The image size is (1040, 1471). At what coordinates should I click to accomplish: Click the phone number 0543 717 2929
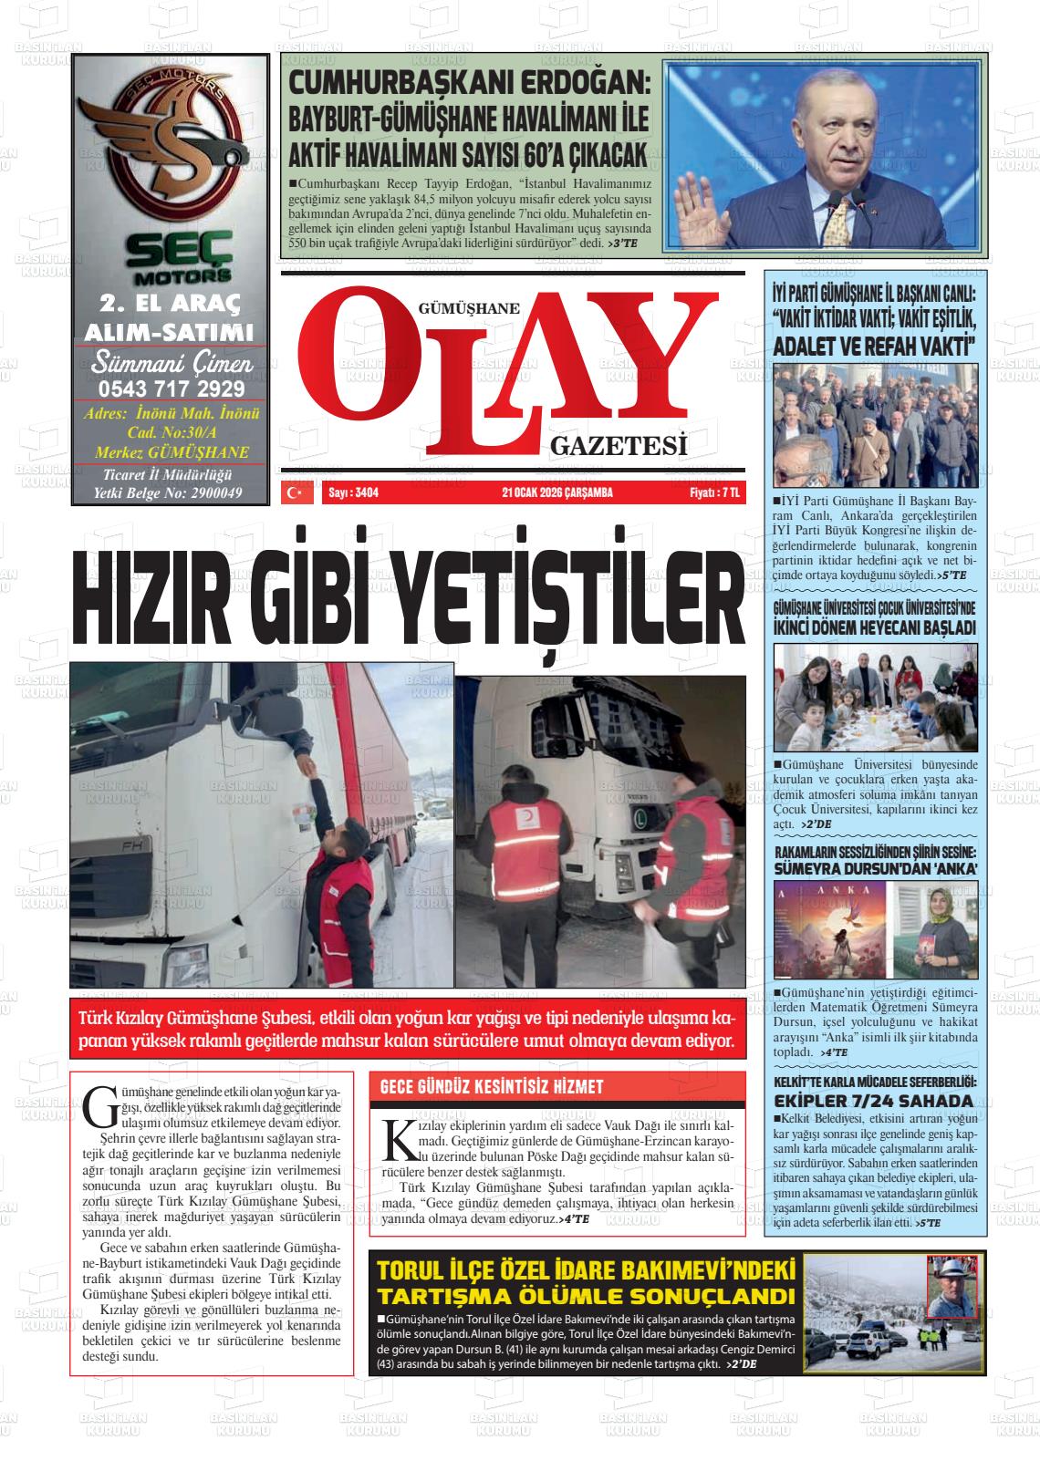(171, 389)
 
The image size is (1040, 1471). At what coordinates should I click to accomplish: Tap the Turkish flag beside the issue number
(294, 493)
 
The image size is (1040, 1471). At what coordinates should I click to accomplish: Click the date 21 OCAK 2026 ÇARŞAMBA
(556, 493)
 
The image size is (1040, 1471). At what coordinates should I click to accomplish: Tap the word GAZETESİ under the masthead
(618, 446)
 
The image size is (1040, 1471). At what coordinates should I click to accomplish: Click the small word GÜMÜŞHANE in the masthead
(468, 308)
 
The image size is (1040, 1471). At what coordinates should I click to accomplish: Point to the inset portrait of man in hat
(951, 1284)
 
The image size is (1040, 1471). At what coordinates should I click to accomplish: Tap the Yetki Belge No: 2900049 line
(168, 493)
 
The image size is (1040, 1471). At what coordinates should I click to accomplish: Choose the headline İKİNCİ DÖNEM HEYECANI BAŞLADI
(874, 627)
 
